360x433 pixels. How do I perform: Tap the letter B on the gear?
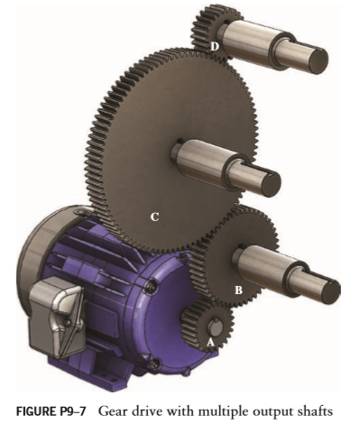(x=238, y=290)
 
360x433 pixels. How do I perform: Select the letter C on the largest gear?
(x=155, y=216)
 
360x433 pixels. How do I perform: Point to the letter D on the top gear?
(x=215, y=45)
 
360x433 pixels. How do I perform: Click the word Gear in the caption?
(x=115, y=412)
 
